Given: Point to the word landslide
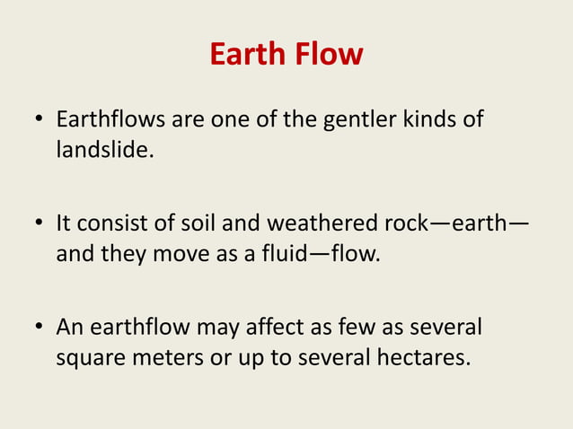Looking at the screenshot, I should point(102,150).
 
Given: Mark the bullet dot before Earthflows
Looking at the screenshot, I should point(39,120).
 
